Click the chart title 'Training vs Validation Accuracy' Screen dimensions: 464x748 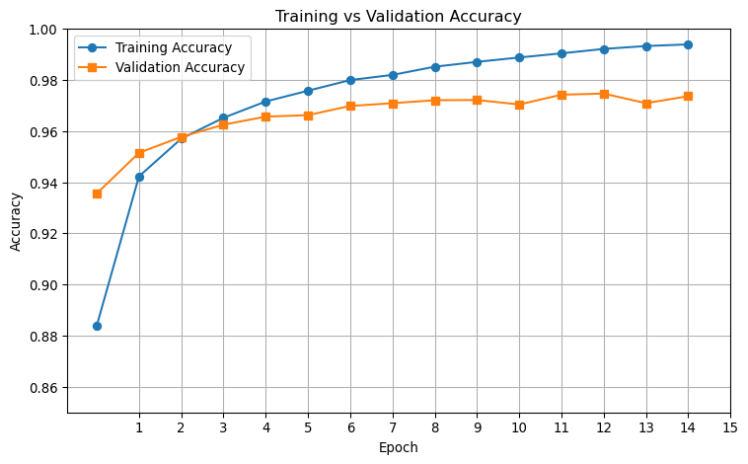[398, 16]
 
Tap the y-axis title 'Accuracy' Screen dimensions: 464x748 [16, 221]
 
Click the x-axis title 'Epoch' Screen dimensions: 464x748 [399, 447]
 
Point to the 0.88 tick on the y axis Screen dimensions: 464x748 [45, 337]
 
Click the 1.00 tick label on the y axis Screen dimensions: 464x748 [45, 30]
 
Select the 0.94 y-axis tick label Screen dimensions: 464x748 [45, 183]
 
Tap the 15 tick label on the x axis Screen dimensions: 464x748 [730, 427]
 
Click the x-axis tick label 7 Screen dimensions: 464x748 [393, 427]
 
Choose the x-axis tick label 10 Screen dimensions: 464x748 [519, 427]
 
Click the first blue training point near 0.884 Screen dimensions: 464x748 [97, 326]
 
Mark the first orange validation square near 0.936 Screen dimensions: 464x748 [97, 193]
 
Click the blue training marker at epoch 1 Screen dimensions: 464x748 [139, 177]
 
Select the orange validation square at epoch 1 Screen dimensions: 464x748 [139, 153]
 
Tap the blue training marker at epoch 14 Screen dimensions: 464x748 [688, 44]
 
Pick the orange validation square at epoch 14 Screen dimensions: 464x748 [688, 96]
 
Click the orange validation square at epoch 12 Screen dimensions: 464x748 [604, 94]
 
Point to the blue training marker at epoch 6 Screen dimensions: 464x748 [350, 80]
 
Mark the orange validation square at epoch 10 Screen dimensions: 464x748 [519, 105]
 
